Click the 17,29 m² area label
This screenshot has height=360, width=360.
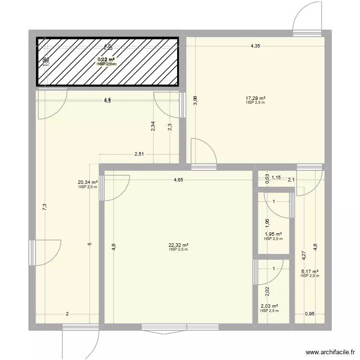tap(255, 98)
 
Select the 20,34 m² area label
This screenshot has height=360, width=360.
tap(88, 182)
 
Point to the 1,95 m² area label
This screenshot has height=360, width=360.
tap(273, 234)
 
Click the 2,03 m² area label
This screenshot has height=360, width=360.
tap(269, 306)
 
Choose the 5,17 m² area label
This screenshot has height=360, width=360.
tap(310, 271)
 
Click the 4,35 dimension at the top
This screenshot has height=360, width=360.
tap(255, 46)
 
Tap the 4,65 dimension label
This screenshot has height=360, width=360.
tap(178, 180)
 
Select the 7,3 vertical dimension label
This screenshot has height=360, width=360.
tap(44, 207)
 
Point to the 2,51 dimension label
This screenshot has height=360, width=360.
tap(139, 154)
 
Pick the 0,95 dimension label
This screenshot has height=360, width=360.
tap(310, 314)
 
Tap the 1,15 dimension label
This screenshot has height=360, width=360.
tap(276, 178)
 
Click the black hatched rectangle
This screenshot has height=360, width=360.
tap(108, 62)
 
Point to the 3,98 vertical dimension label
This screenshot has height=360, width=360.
tap(195, 100)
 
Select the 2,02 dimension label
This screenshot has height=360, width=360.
tap(268, 291)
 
